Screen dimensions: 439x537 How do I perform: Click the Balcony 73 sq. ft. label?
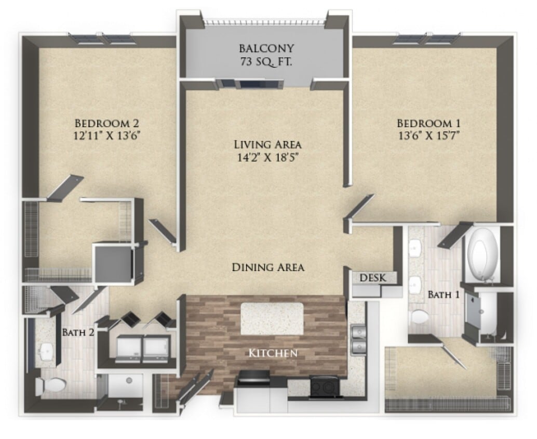pyautogui.click(x=266, y=54)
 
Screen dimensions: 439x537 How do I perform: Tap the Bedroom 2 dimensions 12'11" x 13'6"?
pyautogui.click(x=109, y=135)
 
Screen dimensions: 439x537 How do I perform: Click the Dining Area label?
pyautogui.click(x=267, y=267)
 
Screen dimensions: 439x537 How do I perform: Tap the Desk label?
pyautogui.click(x=373, y=278)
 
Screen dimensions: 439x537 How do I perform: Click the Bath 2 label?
pyautogui.click(x=78, y=332)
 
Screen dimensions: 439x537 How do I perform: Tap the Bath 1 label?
pyautogui.click(x=443, y=295)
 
